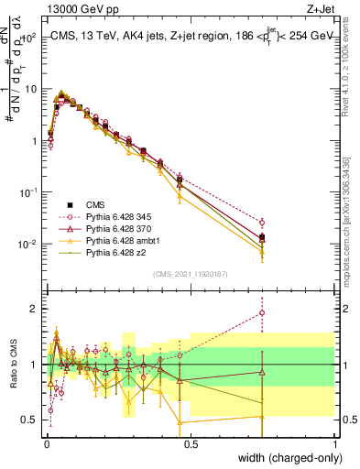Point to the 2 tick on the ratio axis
tap(35, 309)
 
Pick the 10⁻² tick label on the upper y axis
tap(28, 245)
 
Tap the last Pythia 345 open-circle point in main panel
tap(262, 223)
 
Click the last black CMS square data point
tap(262, 238)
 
